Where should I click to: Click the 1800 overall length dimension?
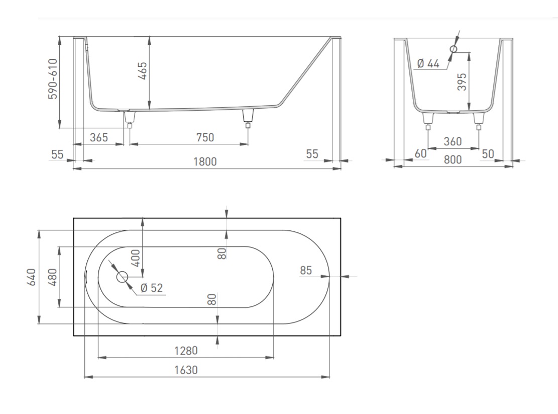coord(205,162)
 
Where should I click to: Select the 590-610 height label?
coord(53,79)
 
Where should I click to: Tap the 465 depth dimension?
coord(142,71)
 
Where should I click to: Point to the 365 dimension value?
coord(99,137)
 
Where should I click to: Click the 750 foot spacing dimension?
coord(205,137)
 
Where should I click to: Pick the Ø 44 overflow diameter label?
coord(428,64)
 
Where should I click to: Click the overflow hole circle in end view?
coord(454,49)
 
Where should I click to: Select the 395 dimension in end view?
coord(462,82)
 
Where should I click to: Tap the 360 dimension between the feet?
coord(453,142)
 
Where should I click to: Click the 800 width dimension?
coord(453,159)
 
